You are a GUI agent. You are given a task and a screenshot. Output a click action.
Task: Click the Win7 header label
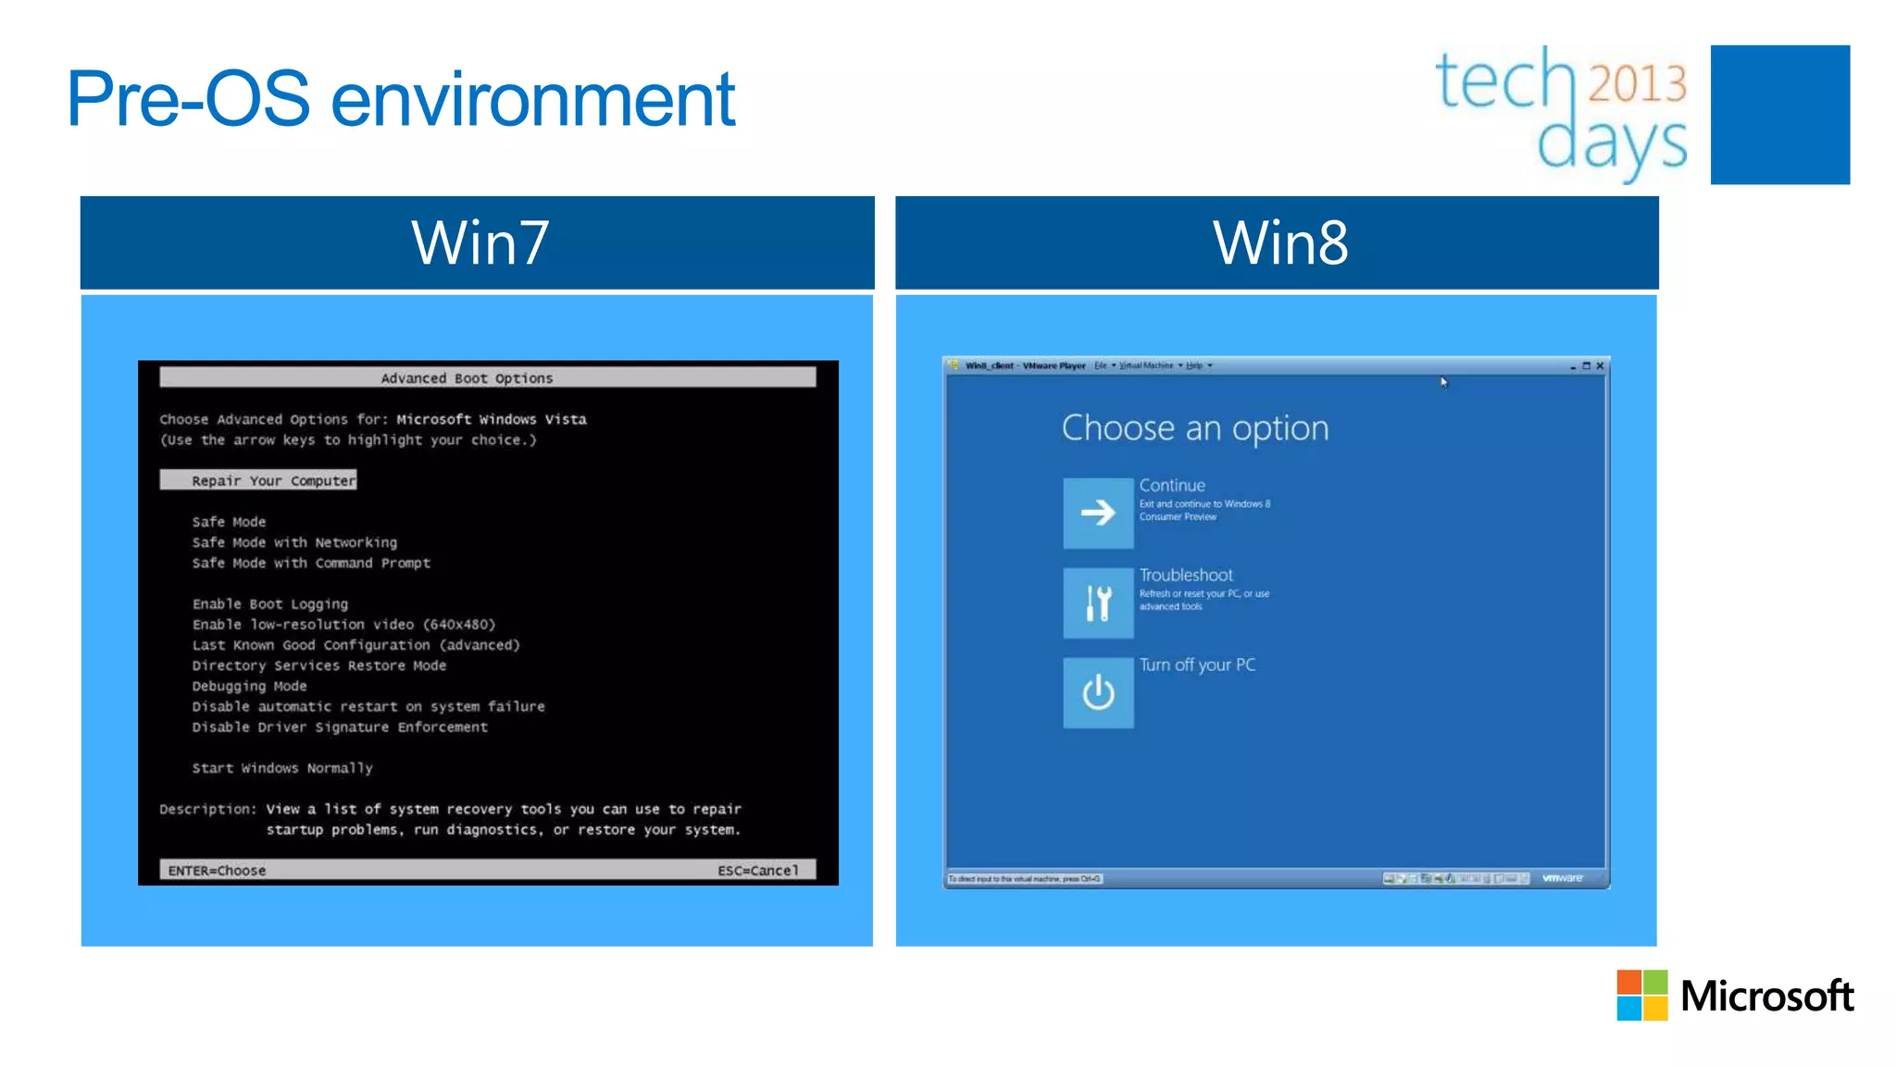(x=480, y=242)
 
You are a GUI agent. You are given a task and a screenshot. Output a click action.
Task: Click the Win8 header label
(x=1279, y=242)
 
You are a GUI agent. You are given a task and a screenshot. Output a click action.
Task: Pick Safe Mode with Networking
(x=294, y=542)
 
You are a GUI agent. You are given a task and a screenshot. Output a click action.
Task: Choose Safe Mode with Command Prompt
(x=311, y=563)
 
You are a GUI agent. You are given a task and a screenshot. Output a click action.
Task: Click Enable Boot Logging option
(x=270, y=603)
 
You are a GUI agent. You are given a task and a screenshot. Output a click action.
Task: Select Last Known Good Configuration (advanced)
(x=355, y=645)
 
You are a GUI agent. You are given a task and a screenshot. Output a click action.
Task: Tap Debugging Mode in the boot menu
(x=249, y=686)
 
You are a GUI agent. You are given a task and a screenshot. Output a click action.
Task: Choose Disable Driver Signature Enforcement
(x=339, y=726)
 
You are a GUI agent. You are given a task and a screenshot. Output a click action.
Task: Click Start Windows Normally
(x=282, y=768)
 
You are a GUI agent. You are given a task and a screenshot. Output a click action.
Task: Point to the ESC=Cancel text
(x=757, y=870)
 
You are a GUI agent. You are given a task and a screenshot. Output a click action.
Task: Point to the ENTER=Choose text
(x=217, y=870)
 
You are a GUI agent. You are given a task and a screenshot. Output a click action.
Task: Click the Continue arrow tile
(x=1098, y=513)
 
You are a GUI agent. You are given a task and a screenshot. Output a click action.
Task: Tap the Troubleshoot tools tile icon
(x=1098, y=602)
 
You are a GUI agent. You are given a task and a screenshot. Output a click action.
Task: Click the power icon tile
(x=1098, y=692)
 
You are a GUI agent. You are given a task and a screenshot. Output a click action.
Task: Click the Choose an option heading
(x=1194, y=428)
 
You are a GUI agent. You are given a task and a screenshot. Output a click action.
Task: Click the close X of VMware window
(x=1600, y=366)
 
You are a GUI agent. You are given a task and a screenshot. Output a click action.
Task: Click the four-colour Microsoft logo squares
(x=1641, y=995)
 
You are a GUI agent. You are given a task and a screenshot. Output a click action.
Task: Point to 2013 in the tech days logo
(x=1637, y=83)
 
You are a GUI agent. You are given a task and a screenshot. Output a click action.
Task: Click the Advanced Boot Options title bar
(x=487, y=378)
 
